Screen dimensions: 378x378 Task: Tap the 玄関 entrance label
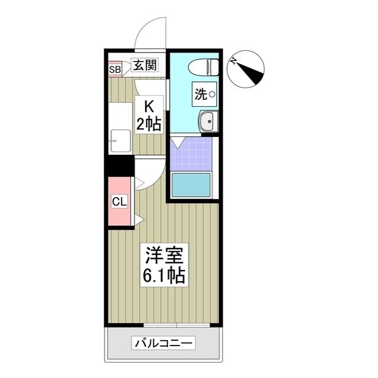coord(145,66)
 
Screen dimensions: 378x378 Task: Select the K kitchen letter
coord(149,107)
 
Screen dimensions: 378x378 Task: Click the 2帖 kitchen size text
coord(149,124)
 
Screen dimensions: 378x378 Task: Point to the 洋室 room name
coord(164,257)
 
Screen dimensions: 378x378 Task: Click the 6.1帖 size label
coord(164,275)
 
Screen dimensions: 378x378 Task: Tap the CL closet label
coord(119,202)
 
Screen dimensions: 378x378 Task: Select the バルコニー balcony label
coord(165,343)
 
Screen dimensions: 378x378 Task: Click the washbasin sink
coord(207,122)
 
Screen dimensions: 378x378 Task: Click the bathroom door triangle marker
coord(178,142)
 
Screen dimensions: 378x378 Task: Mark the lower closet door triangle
coord(139,220)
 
